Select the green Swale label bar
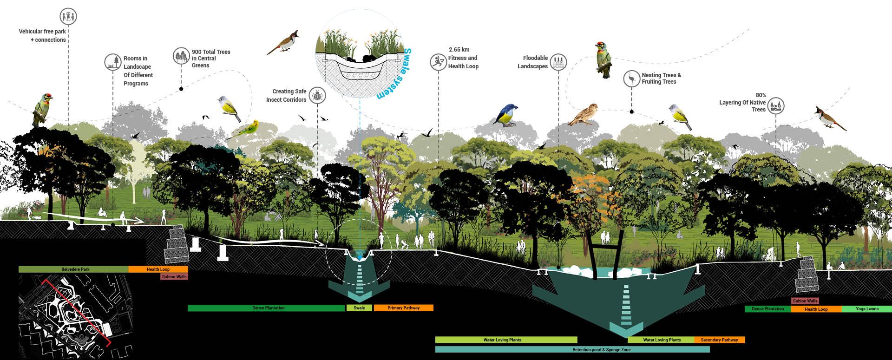pos(359,308)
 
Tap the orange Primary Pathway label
pos(403,308)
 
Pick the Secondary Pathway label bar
pos(719,340)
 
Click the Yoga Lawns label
pos(866,309)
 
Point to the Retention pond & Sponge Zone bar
pos(572,350)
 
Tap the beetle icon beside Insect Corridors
pos(317,96)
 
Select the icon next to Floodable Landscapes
pos(558,62)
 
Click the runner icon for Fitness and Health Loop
pos(438,62)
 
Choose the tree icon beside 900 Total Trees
pos(181,56)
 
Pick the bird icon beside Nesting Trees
pos(631,79)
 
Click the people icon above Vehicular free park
pos(68,17)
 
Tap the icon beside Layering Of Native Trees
pos(775,106)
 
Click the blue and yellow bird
pos(505,115)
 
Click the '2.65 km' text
pos(459,50)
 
